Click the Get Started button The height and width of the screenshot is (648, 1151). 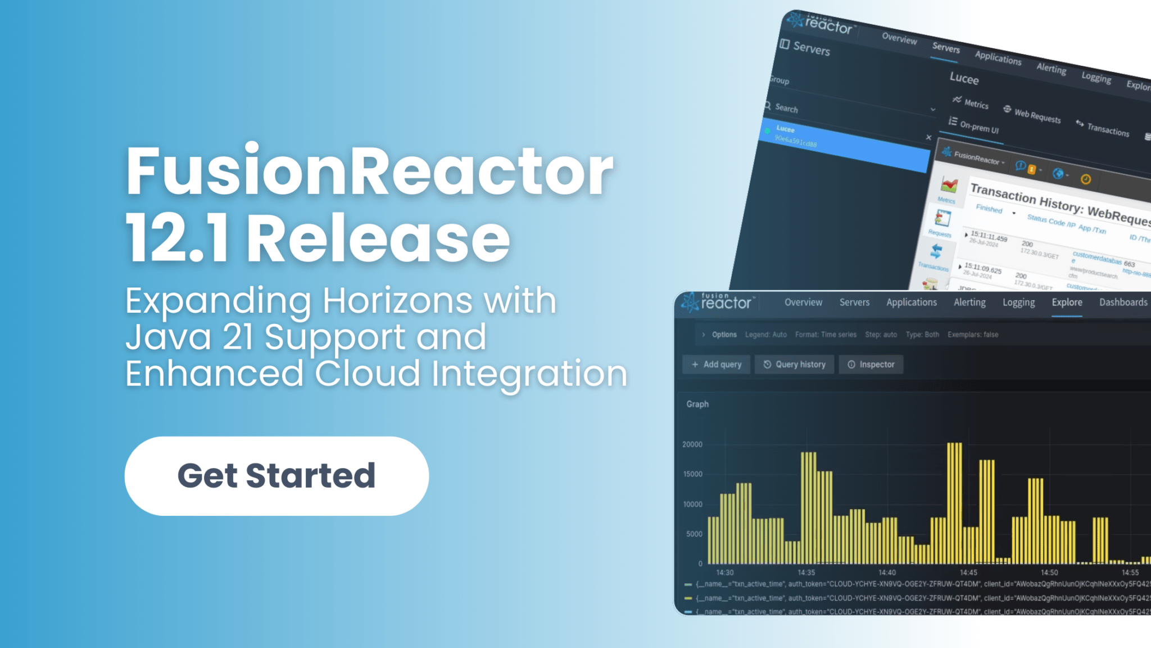[x=277, y=476]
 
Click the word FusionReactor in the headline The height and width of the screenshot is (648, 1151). [x=369, y=171]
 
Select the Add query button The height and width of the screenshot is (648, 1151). [x=717, y=364]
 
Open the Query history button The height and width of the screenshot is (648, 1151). [x=795, y=364]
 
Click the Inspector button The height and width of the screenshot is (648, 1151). [x=871, y=364]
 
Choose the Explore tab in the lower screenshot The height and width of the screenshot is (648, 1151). [x=1067, y=303]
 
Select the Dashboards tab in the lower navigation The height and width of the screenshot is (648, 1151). [x=1123, y=303]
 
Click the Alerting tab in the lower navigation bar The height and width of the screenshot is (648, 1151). [x=969, y=303]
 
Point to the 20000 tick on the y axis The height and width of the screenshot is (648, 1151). [x=692, y=444]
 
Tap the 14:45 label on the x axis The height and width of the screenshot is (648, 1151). [x=968, y=573]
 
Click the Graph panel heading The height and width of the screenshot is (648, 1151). [x=697, y=404]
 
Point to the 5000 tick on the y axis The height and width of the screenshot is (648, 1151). [x=694, y=534]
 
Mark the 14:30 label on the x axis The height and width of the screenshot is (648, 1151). [x=725, y=573]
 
